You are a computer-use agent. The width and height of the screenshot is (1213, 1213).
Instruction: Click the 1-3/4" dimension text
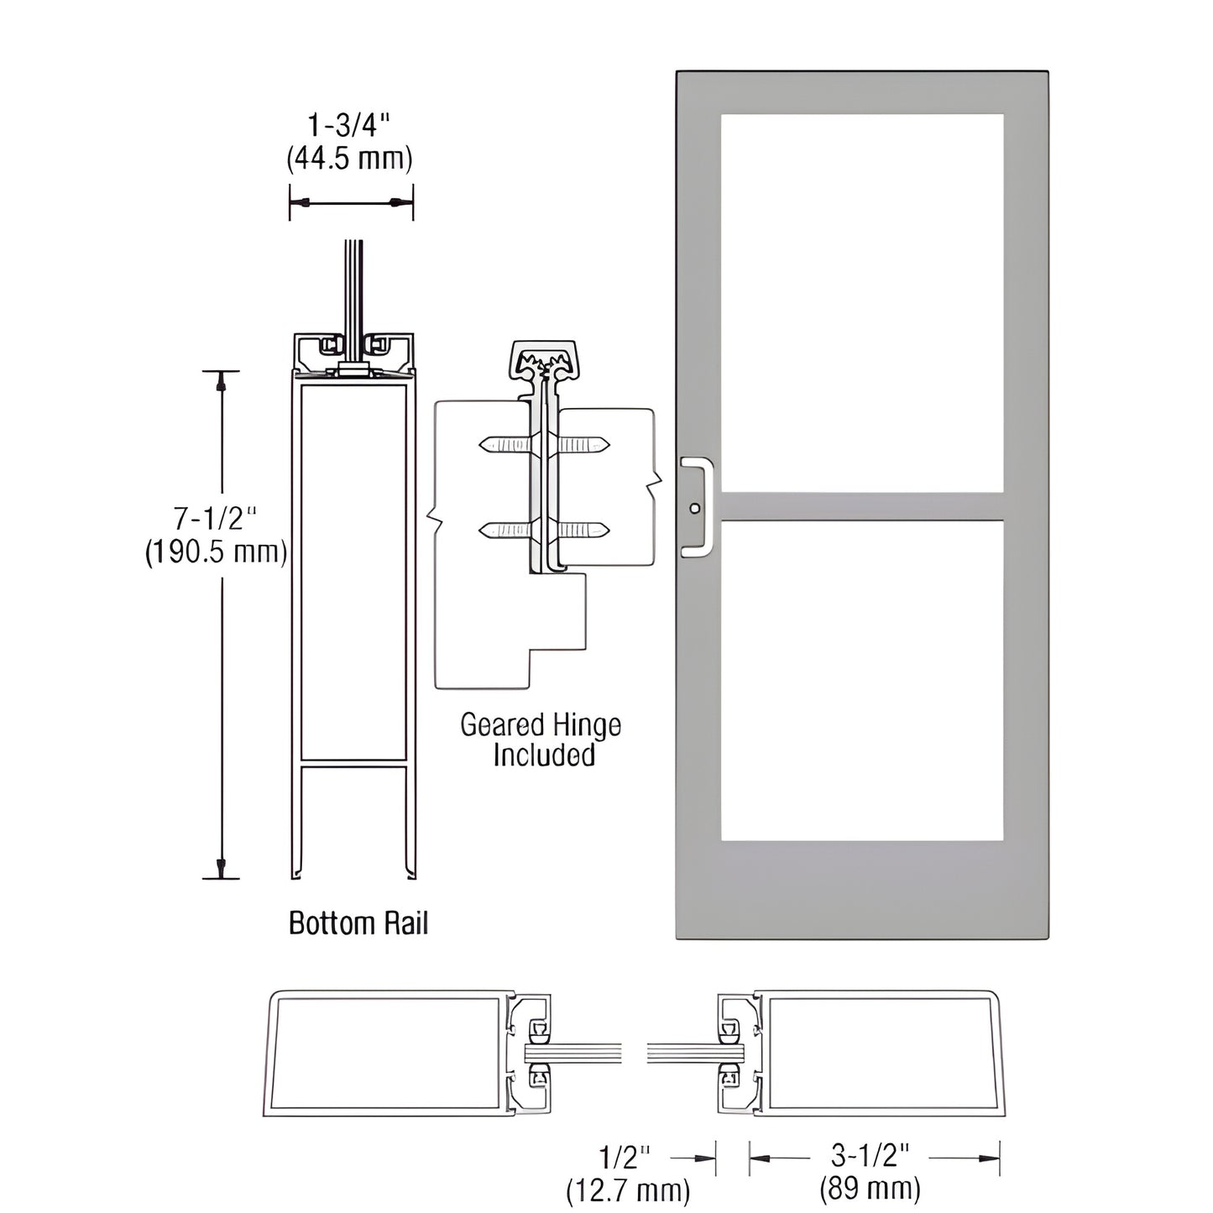(x=350, y=126)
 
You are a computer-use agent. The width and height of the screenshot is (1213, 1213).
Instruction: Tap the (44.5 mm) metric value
(x=350, y=158)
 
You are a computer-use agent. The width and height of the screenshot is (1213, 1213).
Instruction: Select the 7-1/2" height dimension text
(x=214, y=520)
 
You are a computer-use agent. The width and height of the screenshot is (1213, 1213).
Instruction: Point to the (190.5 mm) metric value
(x=216, y=552)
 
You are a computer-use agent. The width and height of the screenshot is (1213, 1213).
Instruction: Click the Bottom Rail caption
(x=358, y=923)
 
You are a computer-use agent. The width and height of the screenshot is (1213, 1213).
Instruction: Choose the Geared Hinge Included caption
(x=541, y=740)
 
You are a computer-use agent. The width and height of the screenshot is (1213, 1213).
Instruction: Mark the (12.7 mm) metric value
(x=628, y=1189)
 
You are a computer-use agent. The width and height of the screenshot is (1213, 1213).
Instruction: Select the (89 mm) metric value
(x=871, y=1189)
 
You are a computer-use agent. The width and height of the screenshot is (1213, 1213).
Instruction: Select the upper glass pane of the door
(x=861, y=301)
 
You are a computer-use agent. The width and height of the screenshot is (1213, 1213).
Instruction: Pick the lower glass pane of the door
(x=861, y=680)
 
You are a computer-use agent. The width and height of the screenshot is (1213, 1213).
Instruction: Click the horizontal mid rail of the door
(x=861, y=505)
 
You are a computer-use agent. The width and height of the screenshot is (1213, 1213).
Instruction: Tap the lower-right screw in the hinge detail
(x=584, y=530)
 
